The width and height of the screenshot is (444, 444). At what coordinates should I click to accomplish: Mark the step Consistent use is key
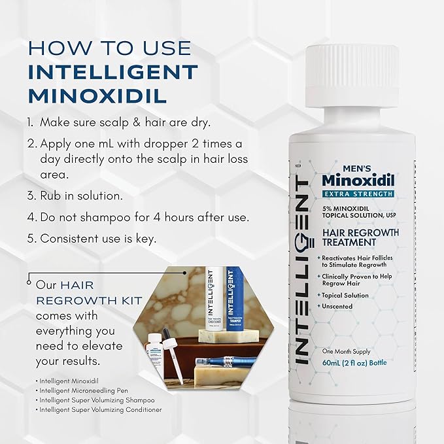[x=98, y=239]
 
